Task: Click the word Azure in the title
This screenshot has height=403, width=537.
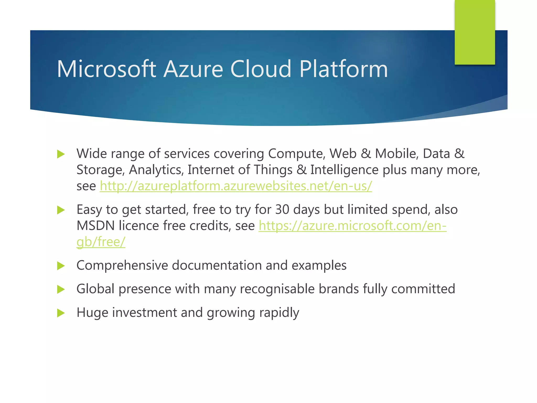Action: point(193,69)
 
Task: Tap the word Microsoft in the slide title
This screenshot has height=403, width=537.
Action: point(106,69)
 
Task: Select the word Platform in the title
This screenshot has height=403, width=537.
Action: point(343,69)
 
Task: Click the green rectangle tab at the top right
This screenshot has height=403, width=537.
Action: point(475,32)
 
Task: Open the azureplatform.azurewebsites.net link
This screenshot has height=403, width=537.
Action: point(236,186)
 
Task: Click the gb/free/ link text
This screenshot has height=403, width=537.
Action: point(101,242)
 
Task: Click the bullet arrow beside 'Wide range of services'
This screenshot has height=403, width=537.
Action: point(61,154)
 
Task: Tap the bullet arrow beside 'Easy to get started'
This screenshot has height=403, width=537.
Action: point(61,210)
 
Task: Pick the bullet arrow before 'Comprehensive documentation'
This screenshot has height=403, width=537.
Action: point(61,266)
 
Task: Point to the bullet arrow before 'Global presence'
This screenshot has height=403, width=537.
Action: point(61,289)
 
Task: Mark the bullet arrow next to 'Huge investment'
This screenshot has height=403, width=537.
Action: point(61,313)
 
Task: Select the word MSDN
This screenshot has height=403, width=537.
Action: point(95,226)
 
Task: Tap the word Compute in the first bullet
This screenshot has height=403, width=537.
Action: point(297,154)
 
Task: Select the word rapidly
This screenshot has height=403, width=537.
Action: point(279,312)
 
